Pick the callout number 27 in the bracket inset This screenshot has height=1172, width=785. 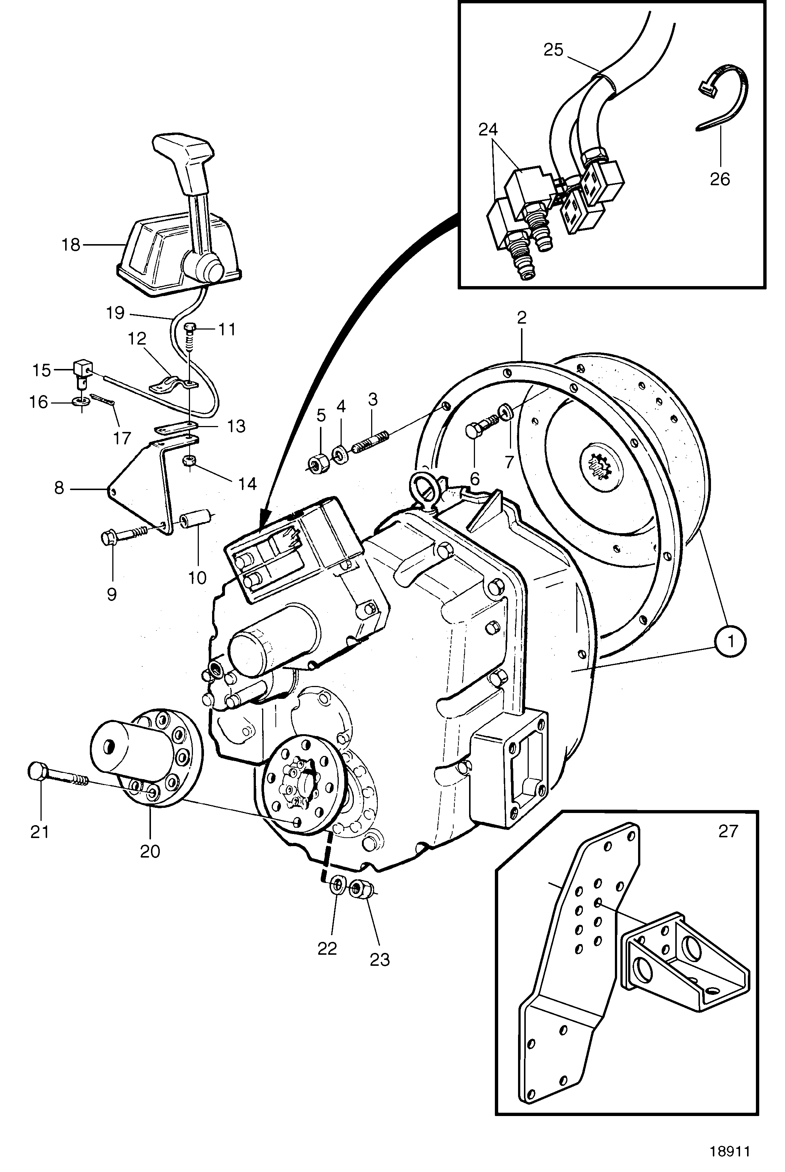pyautogui.click(x=728, y=831)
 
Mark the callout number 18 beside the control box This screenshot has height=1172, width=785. pyautogui.click(x=71, y=245)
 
